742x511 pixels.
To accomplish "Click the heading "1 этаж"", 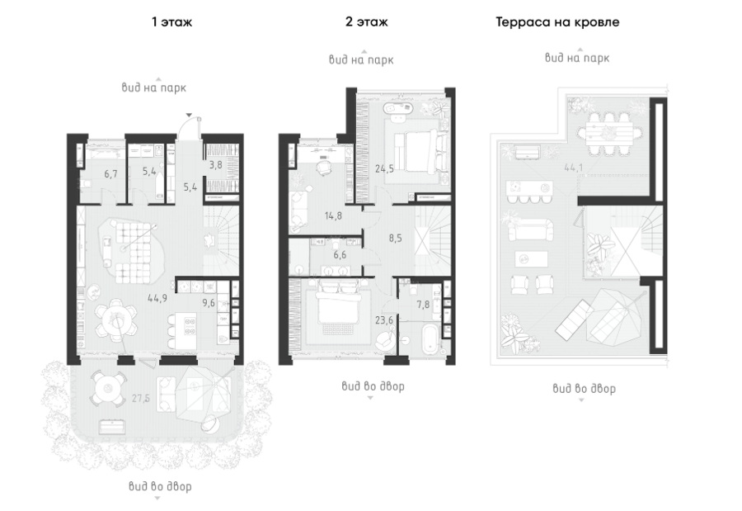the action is (x=171, y=22).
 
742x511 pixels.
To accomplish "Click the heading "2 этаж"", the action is (x=367, y=22).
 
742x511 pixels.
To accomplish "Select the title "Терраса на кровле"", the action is (x=557, y=22).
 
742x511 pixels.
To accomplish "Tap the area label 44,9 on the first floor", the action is (x=157, y=298).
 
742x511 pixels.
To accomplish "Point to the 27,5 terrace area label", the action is (x=140, y=398).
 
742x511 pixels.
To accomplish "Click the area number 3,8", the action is (x=216, y=165).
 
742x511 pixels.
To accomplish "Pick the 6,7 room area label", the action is (x=110, y=174).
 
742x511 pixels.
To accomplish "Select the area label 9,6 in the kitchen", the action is (x=209, y=302).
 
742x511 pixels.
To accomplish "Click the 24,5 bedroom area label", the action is (x=384, y=168).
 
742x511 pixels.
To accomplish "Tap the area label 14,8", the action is (x=333, y=216).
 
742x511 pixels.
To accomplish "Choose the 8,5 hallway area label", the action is (x=396, y=238).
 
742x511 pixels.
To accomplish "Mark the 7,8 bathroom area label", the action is (x=423, y=305).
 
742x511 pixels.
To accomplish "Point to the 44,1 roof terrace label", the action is (x=574, y=168).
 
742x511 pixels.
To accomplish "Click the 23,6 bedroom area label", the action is (x=383, y=320).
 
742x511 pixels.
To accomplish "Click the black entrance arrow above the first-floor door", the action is (x=189, y=115).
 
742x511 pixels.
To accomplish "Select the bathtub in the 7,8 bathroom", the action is (x=430, y=339).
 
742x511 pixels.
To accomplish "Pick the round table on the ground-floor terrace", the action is (x=108, y=388).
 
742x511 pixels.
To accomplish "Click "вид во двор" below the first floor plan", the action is (x=160, y=486).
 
